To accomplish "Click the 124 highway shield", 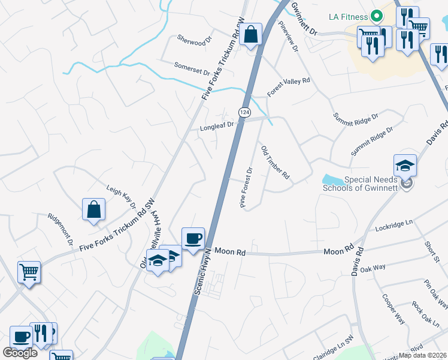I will pyautogui.click(x=244, y=112).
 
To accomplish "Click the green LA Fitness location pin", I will pyautogui.click(x=377, y=15).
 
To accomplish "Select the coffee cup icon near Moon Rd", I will pyautogui.click(x=193, y=239).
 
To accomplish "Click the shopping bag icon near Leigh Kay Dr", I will pyautogui.click(x=94, y=210).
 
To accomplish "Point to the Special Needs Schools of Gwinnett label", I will pyautogui.click(x=361, y=184).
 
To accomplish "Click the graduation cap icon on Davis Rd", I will pyautogui.click(x=405, y=165).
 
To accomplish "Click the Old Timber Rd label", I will pyautogui.click(x=276, y=162).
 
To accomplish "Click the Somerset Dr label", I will pyautogui.click(x=192, y=68).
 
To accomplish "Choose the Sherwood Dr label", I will pyautogui.click(x=195, y=40).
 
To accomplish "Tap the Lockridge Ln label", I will pyautogui.click(x=394, y=226).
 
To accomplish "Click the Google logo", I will pyautogui.click(x=20, y=353).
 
